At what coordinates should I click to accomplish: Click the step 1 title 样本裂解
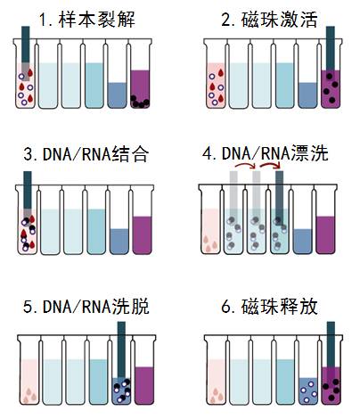[x=87, y=20]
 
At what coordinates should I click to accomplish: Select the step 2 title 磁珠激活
[x=270, y=20]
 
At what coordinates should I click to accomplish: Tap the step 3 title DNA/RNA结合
[x=86, y=154]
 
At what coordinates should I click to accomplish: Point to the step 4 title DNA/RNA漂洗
[x=266, y=153]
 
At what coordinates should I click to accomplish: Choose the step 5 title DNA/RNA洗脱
[x=86, y=307]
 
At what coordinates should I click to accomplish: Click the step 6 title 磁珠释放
[x=270, y=307]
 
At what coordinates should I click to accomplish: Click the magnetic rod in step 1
[x=26, y=53]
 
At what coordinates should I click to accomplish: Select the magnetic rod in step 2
[x=331, y=49]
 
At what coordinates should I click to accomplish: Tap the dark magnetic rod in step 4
[x=279, y=196]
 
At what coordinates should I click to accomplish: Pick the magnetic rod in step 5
[x=121, y=350]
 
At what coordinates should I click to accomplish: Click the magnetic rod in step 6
[x=331, y=345]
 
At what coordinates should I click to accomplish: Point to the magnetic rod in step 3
[x=28, y=197]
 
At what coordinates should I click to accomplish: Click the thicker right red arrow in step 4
[x=271, y=164]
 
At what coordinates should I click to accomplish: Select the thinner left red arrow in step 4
[x=246, y=164]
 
